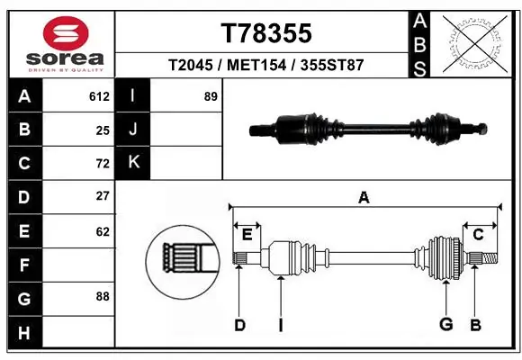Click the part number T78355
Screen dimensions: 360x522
point(266,33)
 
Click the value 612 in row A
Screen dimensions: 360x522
point(99,96)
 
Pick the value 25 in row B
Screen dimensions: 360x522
point(103,130)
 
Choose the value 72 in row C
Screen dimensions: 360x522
point(103,163)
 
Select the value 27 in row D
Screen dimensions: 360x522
point(103,196)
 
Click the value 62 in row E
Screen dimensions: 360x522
point(103,231)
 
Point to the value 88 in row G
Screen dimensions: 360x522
point(103,296)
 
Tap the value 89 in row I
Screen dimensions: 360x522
point(211,96)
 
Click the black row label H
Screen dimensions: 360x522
point(22,332)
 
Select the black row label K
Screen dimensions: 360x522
point(134,163)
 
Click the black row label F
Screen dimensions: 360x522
point(22,265)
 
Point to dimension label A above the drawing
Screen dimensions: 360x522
point(364,198)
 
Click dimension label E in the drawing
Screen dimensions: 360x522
point(247,235)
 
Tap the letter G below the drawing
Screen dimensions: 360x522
point(445,325)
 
